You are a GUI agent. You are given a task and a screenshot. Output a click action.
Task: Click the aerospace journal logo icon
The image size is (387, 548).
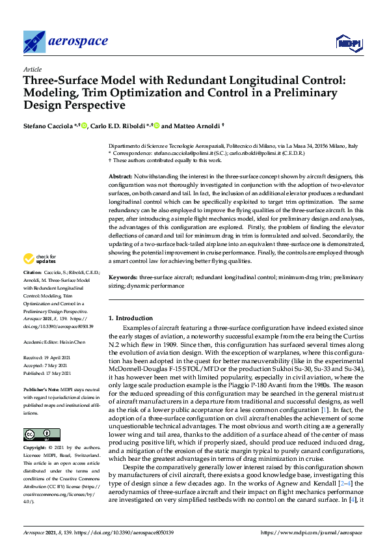34,42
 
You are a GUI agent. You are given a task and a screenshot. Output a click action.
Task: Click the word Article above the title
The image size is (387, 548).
32,69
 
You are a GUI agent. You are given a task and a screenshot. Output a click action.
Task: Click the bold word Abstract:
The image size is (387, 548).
120,177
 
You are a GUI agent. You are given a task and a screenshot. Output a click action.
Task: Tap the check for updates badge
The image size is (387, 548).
38,277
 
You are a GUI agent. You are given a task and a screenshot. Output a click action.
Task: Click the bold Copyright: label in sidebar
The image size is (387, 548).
34,448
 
